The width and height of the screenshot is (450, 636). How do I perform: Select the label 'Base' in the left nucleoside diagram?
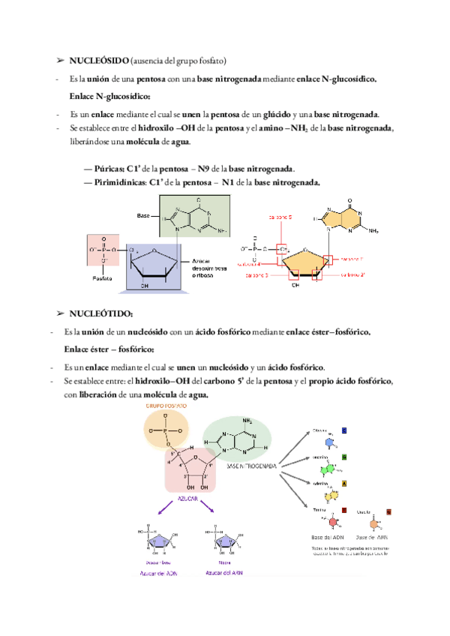pos(145,216)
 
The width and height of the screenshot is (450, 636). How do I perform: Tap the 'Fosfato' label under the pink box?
pos(103,277)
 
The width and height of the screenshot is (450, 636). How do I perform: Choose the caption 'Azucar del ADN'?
pos(157,573)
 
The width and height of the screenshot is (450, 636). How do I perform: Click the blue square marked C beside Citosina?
pos(344,430)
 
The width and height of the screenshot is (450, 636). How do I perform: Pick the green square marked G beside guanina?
pos(344,457)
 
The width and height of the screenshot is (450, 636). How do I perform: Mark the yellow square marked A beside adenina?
pos(344,484)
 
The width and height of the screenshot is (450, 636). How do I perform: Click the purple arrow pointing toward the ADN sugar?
pos(164,510)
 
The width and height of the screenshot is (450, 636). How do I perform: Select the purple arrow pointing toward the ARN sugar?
pos(209,510)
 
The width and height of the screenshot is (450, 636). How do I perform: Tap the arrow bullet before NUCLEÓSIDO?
pos(60,60)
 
